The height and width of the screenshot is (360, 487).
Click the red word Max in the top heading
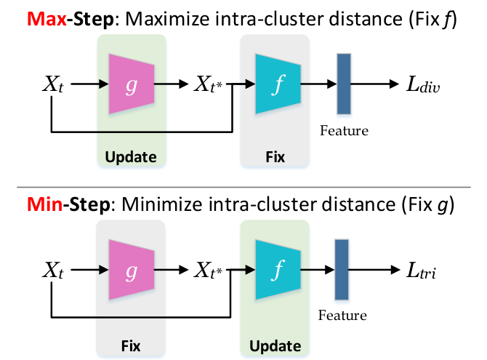47,19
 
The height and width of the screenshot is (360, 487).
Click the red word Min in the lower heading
45,204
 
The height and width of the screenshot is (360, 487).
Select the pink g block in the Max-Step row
132,84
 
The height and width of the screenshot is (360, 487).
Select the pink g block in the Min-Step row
132,270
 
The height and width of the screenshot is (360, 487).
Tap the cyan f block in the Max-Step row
278,84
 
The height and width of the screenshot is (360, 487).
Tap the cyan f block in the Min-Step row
278,270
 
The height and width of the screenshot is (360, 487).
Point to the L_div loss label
423,84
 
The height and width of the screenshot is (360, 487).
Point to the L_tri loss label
421,270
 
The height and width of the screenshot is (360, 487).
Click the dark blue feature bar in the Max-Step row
344,84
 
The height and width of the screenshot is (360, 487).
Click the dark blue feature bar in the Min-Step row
342,270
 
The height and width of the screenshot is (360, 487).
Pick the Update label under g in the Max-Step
131,157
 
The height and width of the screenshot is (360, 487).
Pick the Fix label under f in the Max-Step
275,156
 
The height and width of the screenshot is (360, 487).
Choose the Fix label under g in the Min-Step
130,345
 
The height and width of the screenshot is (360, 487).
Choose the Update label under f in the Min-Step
275,346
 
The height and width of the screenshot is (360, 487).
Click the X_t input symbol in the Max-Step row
53,84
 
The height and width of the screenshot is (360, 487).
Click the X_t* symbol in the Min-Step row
208,270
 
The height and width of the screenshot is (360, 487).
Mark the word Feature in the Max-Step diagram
344,131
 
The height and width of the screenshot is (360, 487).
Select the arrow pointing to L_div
375,84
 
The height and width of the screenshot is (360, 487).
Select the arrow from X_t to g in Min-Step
89,270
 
